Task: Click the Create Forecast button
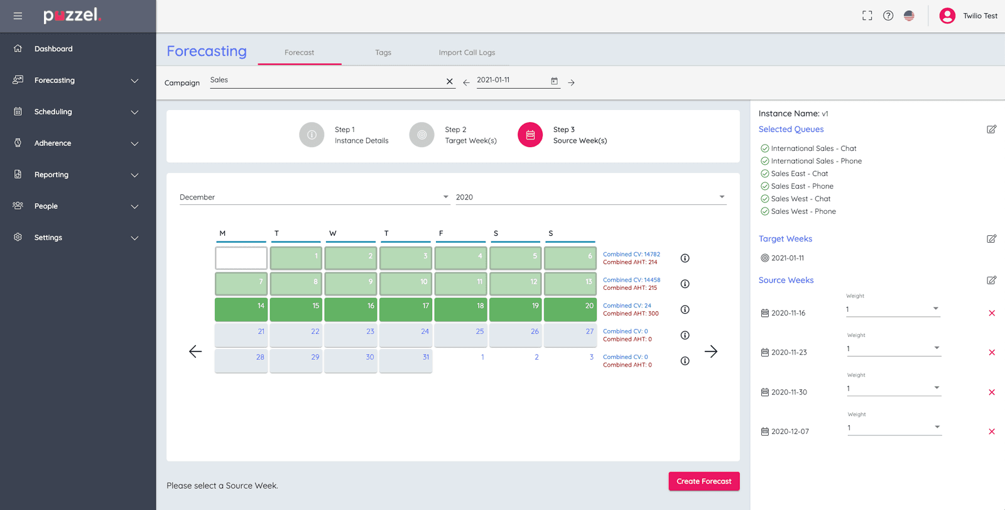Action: tap(703, 481)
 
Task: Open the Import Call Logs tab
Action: tap(467, 53)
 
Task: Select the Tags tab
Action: tap(383, 53)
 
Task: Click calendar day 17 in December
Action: tap(405, 309)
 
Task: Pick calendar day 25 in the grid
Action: tap(460, 335)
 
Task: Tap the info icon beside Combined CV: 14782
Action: tap(685, 258)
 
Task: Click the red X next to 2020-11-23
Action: tap(992, 353)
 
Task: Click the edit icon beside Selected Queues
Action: tap(991, 130)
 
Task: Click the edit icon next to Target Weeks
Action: tap(991, 239)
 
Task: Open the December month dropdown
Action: tap(314, 197)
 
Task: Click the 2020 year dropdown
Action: tap(590, 197)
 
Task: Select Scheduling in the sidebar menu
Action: tap(53, 112)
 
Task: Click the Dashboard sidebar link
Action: tap(53, 49)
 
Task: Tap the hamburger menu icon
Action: tap(18, 16)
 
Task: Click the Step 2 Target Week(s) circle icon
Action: tap(421, 135)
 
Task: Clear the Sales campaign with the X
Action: tap(449, 82)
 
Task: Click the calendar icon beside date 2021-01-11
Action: tap(554, 81)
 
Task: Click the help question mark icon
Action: tap(888, 16)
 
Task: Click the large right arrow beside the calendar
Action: tap(710, 352)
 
